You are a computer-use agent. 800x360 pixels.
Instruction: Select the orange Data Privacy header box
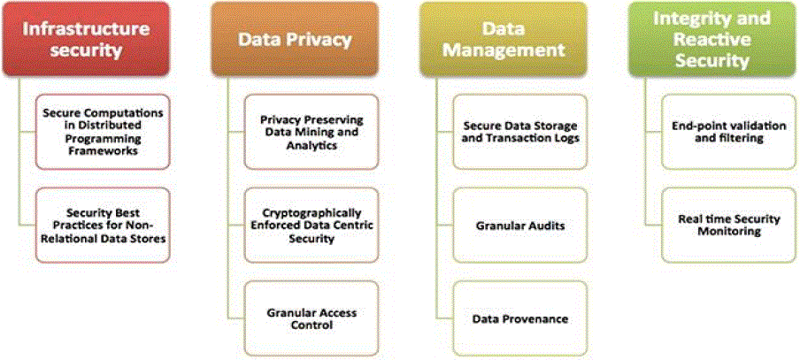(x=295, y=39)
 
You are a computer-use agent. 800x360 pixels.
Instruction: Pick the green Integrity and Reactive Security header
(x=711, y=39)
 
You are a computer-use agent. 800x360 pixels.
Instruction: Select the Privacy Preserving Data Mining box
(x=312, y=132)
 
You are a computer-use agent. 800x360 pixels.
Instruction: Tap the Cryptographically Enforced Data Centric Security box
(x=312, y=225)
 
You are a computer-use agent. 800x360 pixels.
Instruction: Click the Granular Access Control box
(x=312, y=318)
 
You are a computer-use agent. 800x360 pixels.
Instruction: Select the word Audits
(x=546, y=225)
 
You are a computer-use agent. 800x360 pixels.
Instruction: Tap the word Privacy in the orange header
(x=322, y=39)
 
